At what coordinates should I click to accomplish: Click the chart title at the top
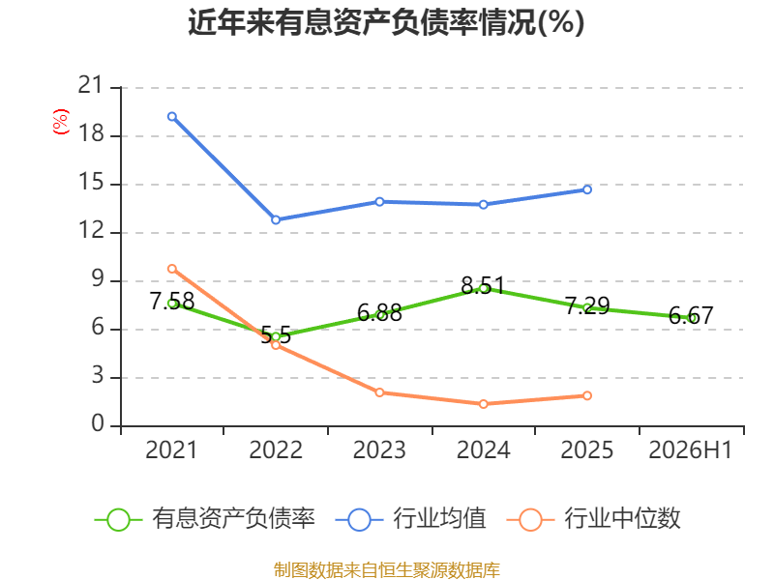pos(386,22)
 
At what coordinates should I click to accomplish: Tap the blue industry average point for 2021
pos(172,116)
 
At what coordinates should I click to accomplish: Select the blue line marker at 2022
pos(276,219)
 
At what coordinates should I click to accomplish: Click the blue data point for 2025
pos(587,189)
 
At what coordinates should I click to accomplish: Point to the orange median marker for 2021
pos(172,269)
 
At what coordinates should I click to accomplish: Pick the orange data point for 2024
pos(483,404)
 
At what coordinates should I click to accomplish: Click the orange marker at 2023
pos(379,392)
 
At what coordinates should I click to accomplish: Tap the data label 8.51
pos(483,285)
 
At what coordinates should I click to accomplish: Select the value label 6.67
pos(691,315)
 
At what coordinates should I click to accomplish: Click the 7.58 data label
pos(172,301)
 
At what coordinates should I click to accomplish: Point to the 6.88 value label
pos(379,312)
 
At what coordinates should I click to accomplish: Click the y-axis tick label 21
pos(91,85)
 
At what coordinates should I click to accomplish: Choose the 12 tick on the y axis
pos(91,230)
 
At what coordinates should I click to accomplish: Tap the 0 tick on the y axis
pos(98,423)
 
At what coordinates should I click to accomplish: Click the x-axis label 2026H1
pos(690,449)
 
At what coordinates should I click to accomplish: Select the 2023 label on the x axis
pos(379,449)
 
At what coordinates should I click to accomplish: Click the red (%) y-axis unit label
pos(61,122)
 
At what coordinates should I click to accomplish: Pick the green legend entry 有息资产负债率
pos(204,519)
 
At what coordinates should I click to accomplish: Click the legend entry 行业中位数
pos(593,519)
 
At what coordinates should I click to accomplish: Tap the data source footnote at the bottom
pos(386,569)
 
